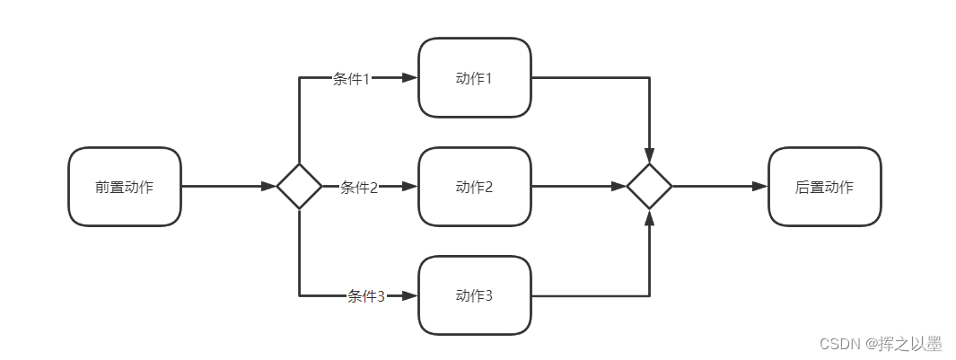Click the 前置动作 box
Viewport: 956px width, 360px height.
pos(125,187)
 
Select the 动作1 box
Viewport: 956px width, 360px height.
pos(475,78)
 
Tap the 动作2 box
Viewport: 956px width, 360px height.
pos(475,187)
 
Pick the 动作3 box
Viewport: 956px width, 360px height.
pos(475,295)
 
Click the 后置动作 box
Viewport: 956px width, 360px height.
pos(824,187)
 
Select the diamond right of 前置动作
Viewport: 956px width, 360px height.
pos(299,187)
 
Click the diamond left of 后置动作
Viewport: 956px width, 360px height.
pos(649,187)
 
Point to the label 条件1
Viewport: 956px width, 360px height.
pos(352,79)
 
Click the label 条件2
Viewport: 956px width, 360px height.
pos(359,188)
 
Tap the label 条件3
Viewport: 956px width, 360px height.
pos(366,296)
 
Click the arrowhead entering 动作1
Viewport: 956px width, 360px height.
pos(410,78)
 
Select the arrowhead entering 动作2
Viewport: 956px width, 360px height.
pos(410,187)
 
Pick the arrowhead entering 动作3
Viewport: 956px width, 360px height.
pos(410,295)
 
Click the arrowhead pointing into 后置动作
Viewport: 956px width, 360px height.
pos(760,187)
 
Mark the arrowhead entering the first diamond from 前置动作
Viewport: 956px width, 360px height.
pos(268,187)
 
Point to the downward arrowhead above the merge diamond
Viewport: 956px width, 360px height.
pos(649,155)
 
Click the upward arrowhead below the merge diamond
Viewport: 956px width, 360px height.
pos(649,218)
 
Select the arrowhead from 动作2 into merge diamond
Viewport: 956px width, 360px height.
pos(618,187)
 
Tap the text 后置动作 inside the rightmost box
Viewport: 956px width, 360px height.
pos(824,188)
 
